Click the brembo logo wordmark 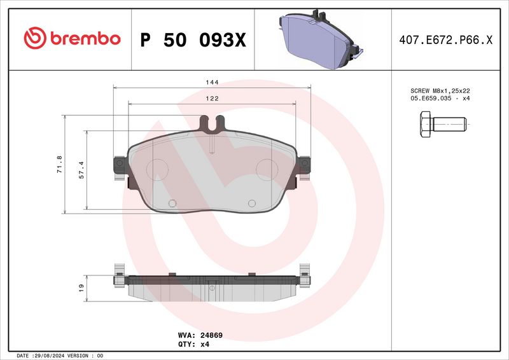point(72,39)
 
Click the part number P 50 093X point(192,39)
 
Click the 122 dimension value point(212,99)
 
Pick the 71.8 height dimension point(60,164)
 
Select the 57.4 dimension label point(81,170)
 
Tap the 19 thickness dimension point(81,288)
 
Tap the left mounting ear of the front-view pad point(118,168)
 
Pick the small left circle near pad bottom point(171,204)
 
